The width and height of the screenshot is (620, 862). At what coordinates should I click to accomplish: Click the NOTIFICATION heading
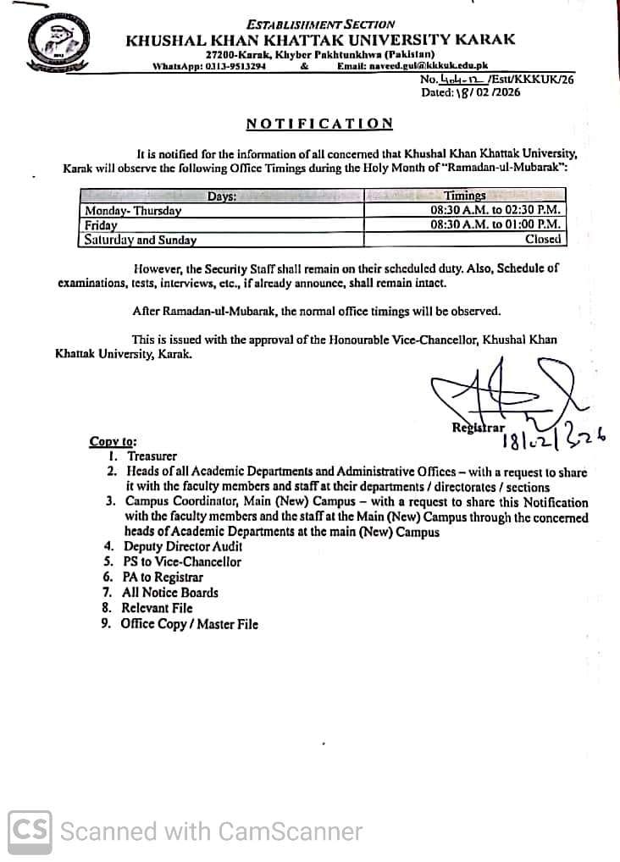coord(319,124)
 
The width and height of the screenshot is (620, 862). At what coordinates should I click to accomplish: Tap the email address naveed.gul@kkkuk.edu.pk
coord(412,66)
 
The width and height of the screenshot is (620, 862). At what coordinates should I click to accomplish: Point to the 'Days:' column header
coord(222,196)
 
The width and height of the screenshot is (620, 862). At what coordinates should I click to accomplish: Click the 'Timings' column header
coord(465,196)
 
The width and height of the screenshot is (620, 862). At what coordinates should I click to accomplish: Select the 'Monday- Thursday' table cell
coord(133,211)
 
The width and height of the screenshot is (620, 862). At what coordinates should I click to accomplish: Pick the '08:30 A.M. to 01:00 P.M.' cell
coord(495,225)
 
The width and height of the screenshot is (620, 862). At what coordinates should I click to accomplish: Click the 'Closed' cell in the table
coord(543,240)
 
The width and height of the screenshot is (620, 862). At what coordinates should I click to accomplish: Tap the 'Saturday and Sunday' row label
coord(141,240)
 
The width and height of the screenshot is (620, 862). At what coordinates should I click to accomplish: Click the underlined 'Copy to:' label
coord(113,441)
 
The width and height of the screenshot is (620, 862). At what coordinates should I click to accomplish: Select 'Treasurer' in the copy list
coord(152,456)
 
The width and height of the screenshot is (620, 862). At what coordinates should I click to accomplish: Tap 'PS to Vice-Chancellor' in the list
coord(182,562)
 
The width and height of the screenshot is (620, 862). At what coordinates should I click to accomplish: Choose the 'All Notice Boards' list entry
coord(170,593)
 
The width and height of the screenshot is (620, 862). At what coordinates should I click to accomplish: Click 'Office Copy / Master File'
coord(189,624)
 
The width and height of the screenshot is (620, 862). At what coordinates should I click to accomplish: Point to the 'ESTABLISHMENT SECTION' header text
coord(321,25)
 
